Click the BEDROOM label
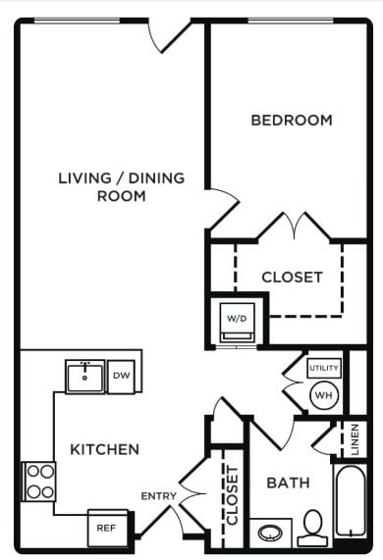(292, 121)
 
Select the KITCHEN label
(104, 450)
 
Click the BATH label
(289, 484)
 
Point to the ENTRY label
(159, 496)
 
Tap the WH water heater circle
(324, 395)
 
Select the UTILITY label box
(324, 368)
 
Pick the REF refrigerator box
(106, 527)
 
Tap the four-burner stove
(39, 481)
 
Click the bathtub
(351, 503)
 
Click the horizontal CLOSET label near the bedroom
(292, 278)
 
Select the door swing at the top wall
(170, 35)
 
